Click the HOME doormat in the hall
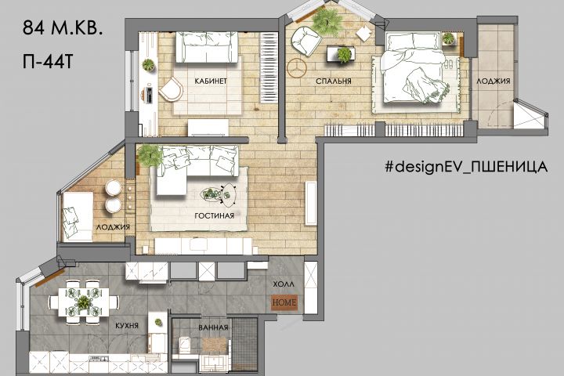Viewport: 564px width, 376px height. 284,302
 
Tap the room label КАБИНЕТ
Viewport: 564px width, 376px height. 211,81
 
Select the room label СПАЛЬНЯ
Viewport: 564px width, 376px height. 334,81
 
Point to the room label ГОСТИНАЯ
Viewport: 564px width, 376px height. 215,215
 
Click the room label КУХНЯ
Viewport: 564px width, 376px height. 127,326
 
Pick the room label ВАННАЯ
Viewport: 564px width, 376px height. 213,327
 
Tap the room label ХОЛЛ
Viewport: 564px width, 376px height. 284,284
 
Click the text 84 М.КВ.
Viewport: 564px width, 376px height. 63,27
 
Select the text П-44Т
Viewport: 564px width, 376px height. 48,62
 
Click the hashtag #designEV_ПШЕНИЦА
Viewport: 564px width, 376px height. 466,167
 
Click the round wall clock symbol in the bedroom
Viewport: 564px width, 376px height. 297,67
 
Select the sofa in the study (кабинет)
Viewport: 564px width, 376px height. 207,47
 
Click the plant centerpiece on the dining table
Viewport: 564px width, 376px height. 84,302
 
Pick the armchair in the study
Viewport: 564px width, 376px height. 171,89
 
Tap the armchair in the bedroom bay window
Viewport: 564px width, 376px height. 306,42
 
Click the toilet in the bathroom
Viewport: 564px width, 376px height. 184,345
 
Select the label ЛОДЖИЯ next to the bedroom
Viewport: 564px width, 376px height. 493,81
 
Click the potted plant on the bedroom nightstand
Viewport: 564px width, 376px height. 448,38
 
